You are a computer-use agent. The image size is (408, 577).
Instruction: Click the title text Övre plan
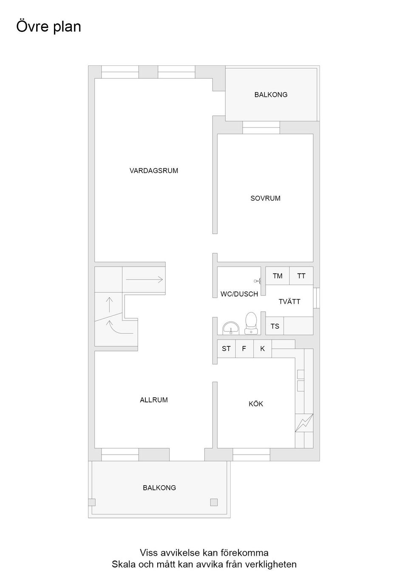(x=48, y=27)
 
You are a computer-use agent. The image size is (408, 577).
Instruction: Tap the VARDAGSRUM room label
(x=154, y=171)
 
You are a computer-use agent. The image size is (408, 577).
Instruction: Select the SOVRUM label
(x=265, y=198)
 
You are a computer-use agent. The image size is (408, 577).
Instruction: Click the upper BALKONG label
(x=271, y=95)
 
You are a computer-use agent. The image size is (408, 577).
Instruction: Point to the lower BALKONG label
(x=159, y=488)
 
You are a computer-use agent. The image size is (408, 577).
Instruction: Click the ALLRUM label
(x=154, y=400)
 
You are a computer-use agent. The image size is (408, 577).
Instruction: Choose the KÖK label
(x=256, y=404)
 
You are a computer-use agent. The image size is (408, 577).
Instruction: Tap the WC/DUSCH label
(x=239, y=294)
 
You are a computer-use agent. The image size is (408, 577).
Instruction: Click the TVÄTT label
(x=289, y=302)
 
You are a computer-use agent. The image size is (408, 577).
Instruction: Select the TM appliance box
(x=278, y=276)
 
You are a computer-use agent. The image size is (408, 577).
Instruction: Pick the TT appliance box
(x=301, y=276)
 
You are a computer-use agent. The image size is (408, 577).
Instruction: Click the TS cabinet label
(x=275, y=326)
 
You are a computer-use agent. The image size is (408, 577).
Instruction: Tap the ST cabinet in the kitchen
(x=226, y=349)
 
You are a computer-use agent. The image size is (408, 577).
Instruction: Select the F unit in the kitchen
(x=244, y=349)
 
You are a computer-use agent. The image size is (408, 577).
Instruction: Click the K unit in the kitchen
(x=263, y=349)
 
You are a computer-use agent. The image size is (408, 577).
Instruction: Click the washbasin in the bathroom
(x=231, y=328)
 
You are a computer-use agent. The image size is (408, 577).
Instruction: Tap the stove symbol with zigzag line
(x=304, y=423)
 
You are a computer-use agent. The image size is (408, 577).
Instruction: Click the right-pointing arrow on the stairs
(x=144, y=280)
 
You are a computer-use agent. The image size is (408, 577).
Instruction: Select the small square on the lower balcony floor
(x=214, y=502)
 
